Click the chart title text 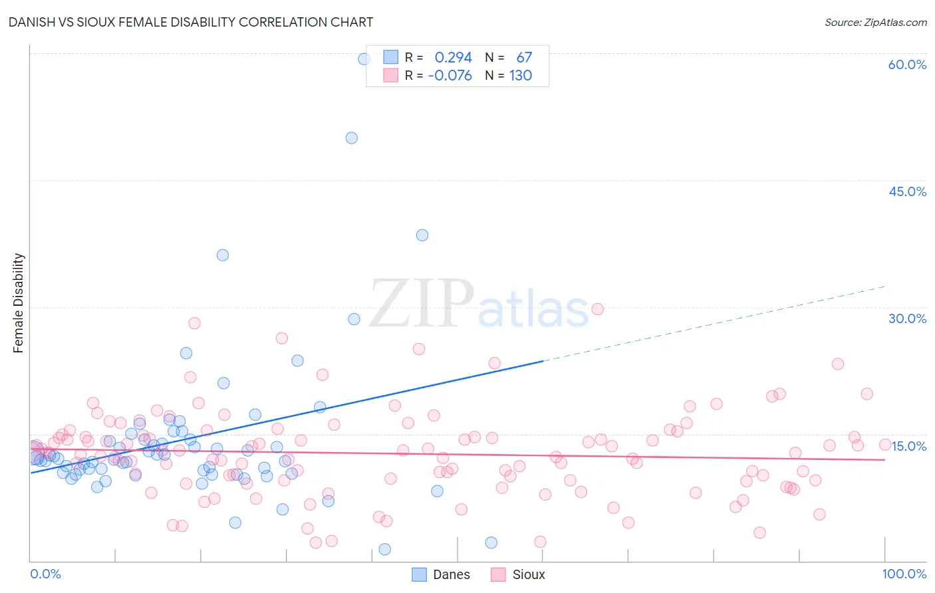pyautogui.click(x=190, y=22)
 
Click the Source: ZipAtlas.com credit pyautogui.click(x=875, y=22)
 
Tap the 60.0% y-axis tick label pyautogui.click(x=907, y=64)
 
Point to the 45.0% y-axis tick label pyautogui.click(x=907, y=191)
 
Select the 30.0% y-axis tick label pyautogui.click(x=907, y=318)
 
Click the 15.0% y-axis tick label pyautogui.click(x=908, y=446)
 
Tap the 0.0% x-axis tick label pyautogui.click(x=45, y=574)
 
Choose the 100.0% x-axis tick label pyautogui.click(x=904, y=574)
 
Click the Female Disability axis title pyautogui.click(x=19, y=302)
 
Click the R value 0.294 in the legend pyautogui.click(x=453, y=57)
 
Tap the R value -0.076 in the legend pyautogui.click(x=450, y=75)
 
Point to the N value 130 pyautogui.click(x=521, y=75)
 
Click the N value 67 pyautogui.click(x=524, y=57)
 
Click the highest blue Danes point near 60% pyautogui.click(x=364, y=59)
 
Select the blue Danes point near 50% pyautogui.click(x=351, y=138)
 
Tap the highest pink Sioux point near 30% pyautogui.click(x=597, y=309)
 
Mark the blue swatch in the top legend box pyautogui.click(x=390, y=57)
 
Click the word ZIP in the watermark pyautogui.click(x=422, y=304)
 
